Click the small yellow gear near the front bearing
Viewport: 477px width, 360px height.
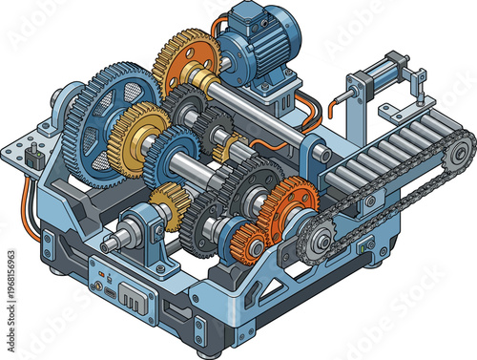coord(167,204)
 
